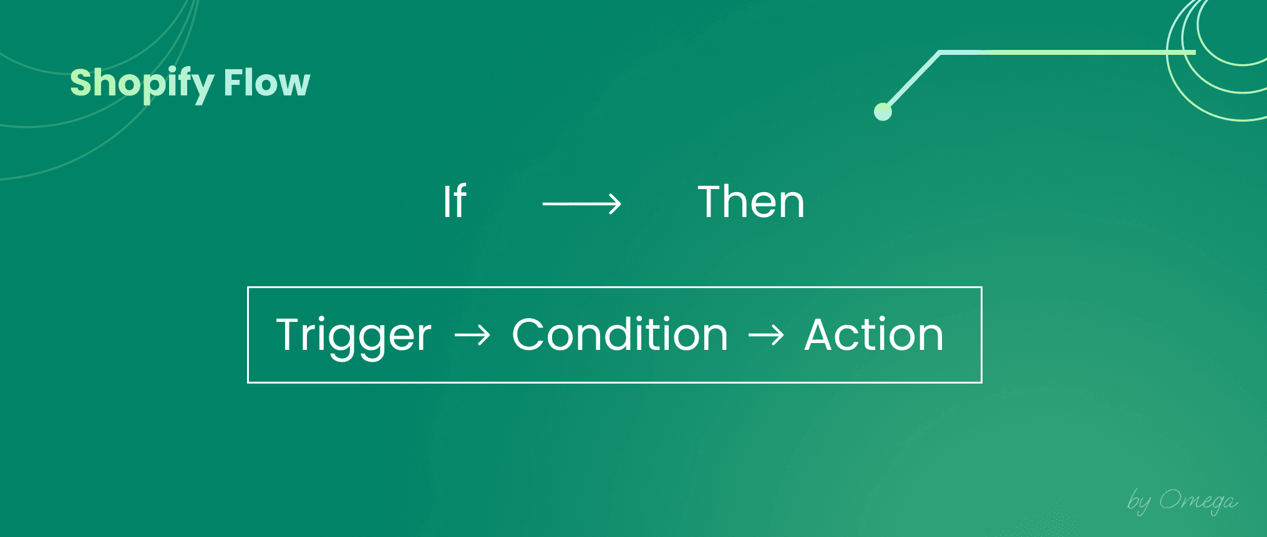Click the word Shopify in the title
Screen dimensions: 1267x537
(142, 84)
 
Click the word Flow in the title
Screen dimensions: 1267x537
(267, 82)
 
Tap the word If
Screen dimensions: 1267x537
(455, 201)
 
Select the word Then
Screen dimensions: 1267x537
(751, 202)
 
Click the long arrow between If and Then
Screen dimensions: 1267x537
(581, 203)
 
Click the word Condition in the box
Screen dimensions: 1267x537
(620, 335)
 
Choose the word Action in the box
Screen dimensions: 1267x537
(874, 335)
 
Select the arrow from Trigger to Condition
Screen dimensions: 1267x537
(472, 336)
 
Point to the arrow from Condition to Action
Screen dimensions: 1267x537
(766, 336)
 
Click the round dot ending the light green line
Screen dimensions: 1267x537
(883, 112)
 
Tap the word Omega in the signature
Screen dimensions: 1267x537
(1198, 501)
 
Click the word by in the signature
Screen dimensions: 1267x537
(1139, 502)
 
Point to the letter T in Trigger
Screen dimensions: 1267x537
(291, 334)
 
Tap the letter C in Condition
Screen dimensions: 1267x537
(530, 335)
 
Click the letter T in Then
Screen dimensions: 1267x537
(712, 202)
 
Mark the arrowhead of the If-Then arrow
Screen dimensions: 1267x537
(614, 203)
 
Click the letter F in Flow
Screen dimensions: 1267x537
(235, 83)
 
